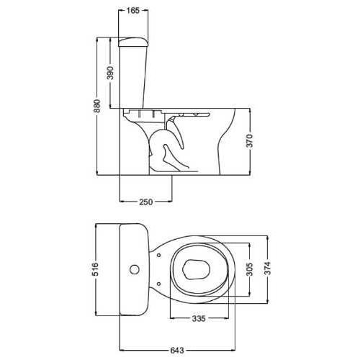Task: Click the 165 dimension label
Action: [132, 11]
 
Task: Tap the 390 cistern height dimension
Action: [110, 73]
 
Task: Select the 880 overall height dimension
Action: [97, 106]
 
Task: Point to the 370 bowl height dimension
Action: [250, 141]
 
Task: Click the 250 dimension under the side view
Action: [146, 202]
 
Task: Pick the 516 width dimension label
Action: [96, 269]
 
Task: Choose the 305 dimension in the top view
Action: [250, 269]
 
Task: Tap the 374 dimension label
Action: [267, 268]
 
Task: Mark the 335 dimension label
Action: [199, 318]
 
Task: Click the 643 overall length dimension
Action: [177, 351]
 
